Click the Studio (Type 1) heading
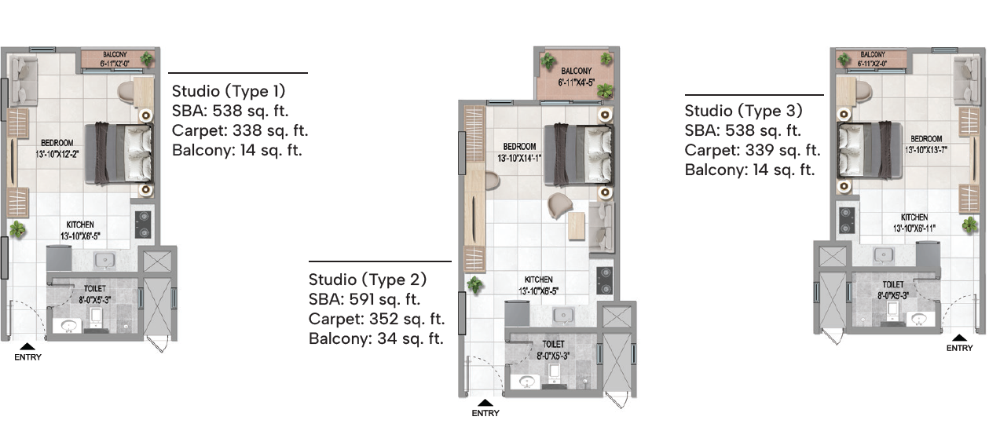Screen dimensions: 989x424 (229, 91)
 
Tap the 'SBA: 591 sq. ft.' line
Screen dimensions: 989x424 (364, 300)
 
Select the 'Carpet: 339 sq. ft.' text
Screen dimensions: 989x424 (753, 151)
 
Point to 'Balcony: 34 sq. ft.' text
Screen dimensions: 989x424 (375, 339)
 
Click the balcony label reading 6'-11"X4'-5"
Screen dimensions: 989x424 (576, 82)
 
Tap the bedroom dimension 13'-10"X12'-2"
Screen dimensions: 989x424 (57, 155)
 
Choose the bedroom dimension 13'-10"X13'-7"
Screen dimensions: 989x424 (926, 150)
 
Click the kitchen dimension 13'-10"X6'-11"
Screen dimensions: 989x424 (914, 228)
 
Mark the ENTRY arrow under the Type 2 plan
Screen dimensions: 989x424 (485, 402)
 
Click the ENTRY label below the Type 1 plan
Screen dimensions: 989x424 (27, 357)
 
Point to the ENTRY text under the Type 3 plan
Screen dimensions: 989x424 (959, 348)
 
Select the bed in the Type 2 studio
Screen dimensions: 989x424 (579, 155)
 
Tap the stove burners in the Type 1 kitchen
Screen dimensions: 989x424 (143, 225)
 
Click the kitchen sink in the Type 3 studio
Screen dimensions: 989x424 (885, 254)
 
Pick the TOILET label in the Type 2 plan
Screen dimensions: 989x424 (553, 344)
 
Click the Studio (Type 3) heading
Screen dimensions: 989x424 (743, 111)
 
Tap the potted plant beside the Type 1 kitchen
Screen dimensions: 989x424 (17, 230)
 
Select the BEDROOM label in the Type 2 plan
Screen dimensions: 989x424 (519, 147)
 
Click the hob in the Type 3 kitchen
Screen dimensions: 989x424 (846, 220)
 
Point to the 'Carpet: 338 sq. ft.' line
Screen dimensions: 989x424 (240, 131)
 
